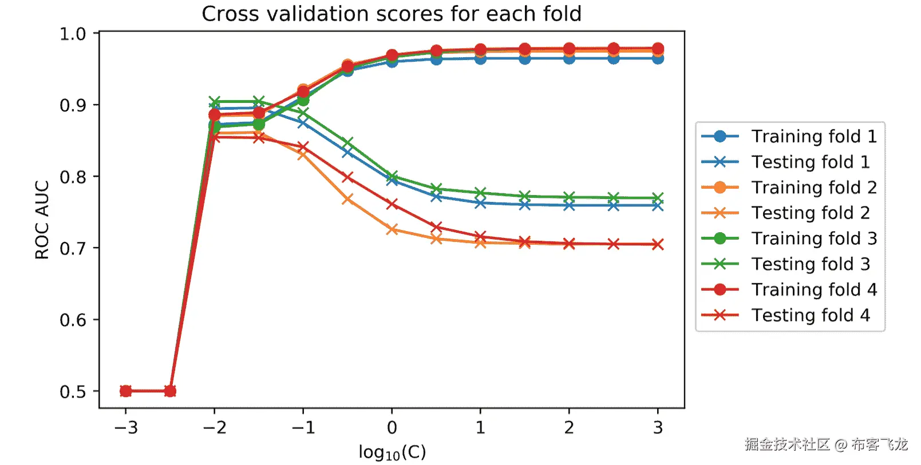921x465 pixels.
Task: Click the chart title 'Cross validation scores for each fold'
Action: tap(392, 14)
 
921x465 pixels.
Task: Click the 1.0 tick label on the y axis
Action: tap(74, 34)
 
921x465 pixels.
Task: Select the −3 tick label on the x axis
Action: tap(126, 428)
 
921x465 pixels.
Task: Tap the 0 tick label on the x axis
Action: tap(392, 428)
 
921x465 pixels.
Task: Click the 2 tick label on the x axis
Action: tap(569, 428)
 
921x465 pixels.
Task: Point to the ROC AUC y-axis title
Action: tap(42, 220)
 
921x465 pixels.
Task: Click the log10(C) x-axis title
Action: tap(392, 452)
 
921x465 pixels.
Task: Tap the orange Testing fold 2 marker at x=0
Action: tap(392, 229)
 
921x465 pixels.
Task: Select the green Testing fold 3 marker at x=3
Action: tap(658, 198)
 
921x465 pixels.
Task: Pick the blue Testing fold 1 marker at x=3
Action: tap(658, 206)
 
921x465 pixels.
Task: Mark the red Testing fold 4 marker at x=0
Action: tap(392, 204)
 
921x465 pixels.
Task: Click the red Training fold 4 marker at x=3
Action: tap(658, 49)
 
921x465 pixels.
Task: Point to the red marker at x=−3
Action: tap(126, 391)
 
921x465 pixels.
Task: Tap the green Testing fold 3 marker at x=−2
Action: tap(215, 102)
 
